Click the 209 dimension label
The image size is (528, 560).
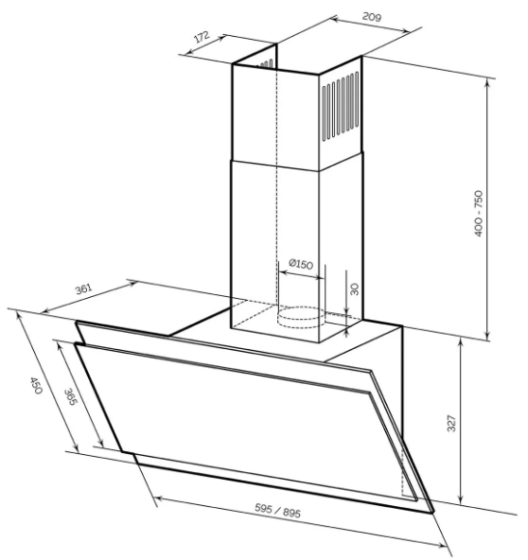pyautogui.click(x=372, y=17)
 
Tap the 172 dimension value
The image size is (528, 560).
pyautogui.click(x=202, y=37)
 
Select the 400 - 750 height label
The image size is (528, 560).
pyautogui.click(x=479, y=213)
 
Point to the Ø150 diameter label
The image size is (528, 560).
pyautogui.click(x=301, y=264)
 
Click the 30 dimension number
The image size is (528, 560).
pyautogui.click(x=355, y=289)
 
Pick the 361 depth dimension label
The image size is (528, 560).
pyautogui.click(x=83, y=289)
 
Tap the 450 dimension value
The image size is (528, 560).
pyautogui.click(x=36, y=385)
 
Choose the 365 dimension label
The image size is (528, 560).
pyautogui.click(x=71, y=396)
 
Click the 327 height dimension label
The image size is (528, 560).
pyautogui.click(x=452, y=423)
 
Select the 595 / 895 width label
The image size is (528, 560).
pyautogui.click(x=277, y=511)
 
